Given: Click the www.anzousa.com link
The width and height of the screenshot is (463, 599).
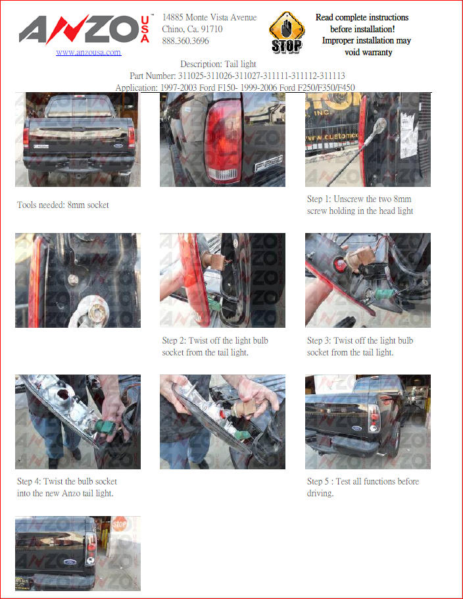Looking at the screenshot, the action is (x=89, y=53).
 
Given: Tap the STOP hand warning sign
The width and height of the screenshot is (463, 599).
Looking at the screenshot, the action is (x=287, y=32).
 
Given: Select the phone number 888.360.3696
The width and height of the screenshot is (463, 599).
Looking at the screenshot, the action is (x=185, y=41).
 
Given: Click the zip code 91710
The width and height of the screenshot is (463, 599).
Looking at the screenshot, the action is (x=212, y=29).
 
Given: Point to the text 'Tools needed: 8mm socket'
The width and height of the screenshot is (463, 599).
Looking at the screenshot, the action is (x=63, y=205).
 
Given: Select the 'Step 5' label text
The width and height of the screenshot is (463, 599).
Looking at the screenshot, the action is (x=318, y=481).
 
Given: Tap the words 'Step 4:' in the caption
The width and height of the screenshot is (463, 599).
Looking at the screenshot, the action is (x=29, y=481).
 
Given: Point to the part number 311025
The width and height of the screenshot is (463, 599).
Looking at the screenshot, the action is (x=191, y=76).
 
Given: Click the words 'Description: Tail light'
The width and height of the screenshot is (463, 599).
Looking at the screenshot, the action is (x=218, y=64).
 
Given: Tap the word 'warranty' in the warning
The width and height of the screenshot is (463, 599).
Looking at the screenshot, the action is (x=368, y=53).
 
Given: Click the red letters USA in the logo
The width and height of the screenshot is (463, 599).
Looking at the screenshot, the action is (x=145, y=29).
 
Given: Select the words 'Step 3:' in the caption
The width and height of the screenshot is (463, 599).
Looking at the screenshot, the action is (x=319, y=340).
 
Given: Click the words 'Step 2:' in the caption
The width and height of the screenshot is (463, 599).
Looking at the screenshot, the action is (x=174, y=340).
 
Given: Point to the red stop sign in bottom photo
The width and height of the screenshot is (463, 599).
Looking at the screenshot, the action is (x=119, y=524).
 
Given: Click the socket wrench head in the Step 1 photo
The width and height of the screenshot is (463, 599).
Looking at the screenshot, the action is (x=381, y=124).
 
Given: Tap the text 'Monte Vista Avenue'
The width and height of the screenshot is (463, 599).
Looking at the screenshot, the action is (x=221, y=17).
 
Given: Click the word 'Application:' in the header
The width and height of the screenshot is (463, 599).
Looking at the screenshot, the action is (x=137, y=88).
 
